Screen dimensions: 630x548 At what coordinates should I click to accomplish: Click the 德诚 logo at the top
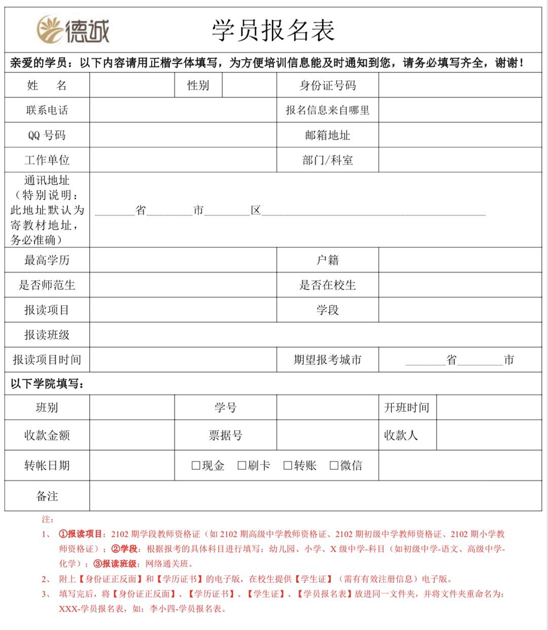click(73, 29)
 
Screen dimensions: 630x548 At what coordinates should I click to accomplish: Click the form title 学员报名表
click(273, 30)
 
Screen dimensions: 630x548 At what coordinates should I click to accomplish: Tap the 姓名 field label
click(47, 85)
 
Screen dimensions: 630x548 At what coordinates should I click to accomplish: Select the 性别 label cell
click(198, 85)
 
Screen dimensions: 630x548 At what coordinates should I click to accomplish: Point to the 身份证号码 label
click(327, 85)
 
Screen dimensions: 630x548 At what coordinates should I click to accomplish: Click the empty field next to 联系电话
click(183, 110)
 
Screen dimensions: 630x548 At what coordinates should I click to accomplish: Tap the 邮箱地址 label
click(327, 135)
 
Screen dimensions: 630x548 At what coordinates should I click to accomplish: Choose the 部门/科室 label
click(327, 160)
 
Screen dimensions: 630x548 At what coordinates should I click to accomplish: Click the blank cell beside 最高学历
click(183, 260)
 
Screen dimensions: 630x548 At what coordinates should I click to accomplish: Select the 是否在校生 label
click(327, 285)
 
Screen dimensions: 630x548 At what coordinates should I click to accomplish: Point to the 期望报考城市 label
click(327, 360)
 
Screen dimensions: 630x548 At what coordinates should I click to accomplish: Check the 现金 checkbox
click(196, 466)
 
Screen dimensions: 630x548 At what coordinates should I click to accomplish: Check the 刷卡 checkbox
click(242, 466)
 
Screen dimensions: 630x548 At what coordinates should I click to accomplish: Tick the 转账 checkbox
click(288, 466)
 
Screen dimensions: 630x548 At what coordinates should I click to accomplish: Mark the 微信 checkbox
click(334, 466)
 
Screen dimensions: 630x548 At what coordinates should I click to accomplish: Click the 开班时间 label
click(407, 408)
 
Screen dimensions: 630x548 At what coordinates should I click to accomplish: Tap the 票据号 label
click(225, 435)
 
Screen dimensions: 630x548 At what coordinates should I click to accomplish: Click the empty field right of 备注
click(315, 496)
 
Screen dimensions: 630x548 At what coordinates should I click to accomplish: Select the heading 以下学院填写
click(47, 384)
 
